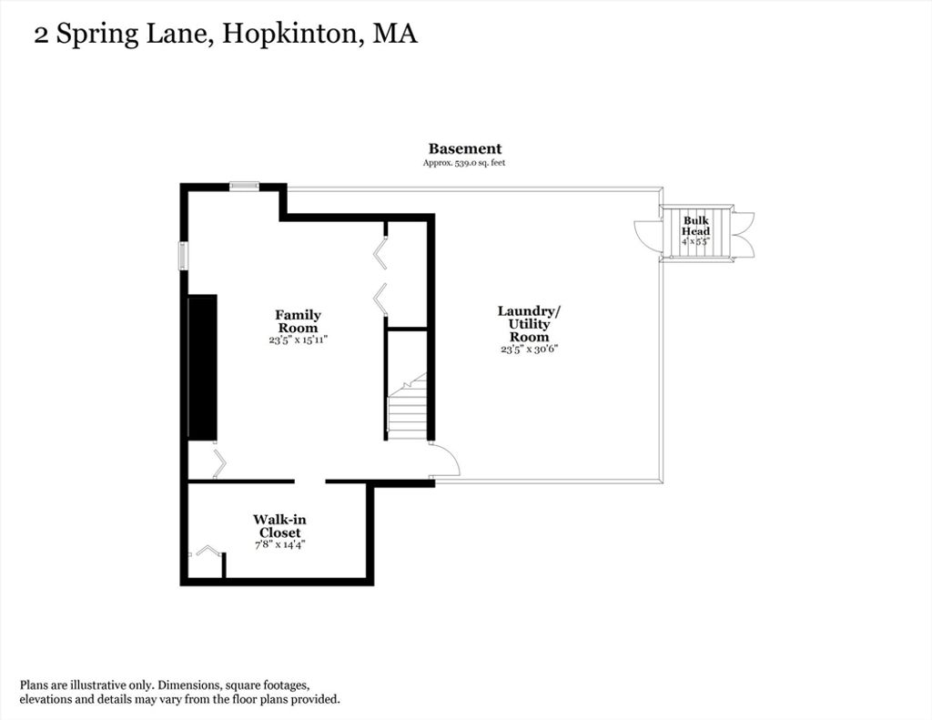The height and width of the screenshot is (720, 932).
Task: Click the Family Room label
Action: [299, 321]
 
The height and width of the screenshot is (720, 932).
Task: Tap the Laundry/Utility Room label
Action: [529, 324]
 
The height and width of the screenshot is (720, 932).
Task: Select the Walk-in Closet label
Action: [279, 526]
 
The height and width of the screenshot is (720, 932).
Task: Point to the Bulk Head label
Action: [695, 226]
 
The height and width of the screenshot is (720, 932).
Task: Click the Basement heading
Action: [465, 148]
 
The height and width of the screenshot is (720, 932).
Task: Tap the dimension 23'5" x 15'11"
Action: [299, 340]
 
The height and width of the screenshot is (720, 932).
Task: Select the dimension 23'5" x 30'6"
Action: [529, 349]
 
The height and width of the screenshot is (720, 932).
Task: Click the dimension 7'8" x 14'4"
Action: [279, 544]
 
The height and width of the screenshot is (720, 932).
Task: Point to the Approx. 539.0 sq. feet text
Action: [464, 162]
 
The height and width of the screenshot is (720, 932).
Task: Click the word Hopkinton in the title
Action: [290, 34]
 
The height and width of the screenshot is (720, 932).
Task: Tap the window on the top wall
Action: [244, 186]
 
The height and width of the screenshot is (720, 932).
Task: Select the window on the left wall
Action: [184, 257]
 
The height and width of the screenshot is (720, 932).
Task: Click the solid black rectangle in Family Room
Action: [203, 368]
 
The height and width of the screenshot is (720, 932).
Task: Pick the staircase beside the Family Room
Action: [407, 406]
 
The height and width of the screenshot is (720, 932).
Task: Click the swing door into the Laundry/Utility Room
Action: [443, 460]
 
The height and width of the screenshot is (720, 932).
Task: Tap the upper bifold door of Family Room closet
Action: [380, 253]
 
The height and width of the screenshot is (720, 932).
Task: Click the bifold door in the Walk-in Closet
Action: [208, 551]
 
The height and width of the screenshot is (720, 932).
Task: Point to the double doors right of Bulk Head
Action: [743, 235]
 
